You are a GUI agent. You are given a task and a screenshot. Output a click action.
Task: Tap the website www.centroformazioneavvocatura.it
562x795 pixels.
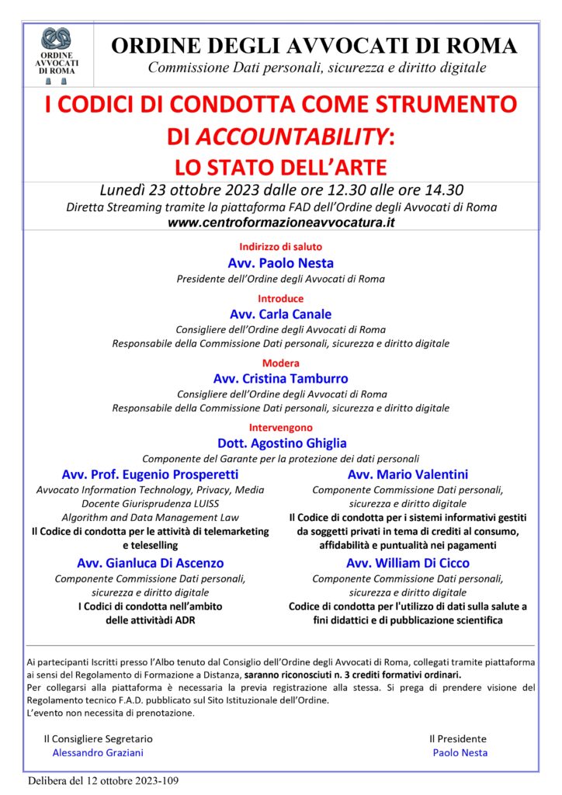281,222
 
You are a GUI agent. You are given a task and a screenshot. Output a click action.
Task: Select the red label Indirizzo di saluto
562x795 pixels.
280,247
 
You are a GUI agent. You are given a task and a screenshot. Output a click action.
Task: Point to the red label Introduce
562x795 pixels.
280,298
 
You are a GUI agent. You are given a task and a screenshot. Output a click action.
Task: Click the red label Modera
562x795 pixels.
280,363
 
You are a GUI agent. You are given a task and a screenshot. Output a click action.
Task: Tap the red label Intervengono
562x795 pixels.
280,427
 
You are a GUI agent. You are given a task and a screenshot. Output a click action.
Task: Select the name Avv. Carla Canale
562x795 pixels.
280,314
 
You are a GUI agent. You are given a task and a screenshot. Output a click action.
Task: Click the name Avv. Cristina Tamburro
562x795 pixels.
280,379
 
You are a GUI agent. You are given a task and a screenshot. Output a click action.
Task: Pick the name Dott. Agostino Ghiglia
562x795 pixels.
280,443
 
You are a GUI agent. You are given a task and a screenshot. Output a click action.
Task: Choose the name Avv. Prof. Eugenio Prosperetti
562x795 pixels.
150,474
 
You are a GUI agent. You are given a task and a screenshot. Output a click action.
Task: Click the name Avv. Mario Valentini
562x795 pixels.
408,474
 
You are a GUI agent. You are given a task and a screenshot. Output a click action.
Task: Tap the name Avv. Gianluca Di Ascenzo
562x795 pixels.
150,563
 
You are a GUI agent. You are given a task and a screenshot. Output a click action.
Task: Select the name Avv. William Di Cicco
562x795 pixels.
408,563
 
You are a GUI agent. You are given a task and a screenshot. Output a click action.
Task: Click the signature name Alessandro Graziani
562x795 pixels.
98,752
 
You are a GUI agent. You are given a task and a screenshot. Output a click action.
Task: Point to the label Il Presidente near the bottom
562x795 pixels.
458,738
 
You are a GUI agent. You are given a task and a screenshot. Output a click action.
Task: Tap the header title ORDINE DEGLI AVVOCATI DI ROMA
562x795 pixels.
314,46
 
